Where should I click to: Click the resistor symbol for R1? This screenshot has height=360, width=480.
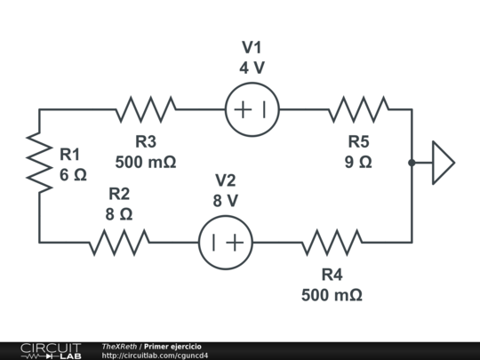pyautogui.click(x=39, y=162)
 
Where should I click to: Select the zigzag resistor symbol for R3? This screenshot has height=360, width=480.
pyautogui.click(x=146, y=110)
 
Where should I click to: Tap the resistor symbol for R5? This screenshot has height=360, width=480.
pyautogui.click(x=358, y=110)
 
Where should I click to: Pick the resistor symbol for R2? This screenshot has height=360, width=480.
pyautogui.click(x=119, y=242)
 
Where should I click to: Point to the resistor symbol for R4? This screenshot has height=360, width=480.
pyautogui.click(x=332, y=242)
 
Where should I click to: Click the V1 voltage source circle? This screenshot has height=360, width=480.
pyautogui.click(x=252, y=110)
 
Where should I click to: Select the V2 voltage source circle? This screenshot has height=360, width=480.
pyautogui.click(x=225, y=242)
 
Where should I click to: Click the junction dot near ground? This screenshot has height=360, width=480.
pyautogui.click(x=412, y=163)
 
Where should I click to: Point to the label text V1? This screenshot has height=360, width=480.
pyautogui.click(x=252, y=47)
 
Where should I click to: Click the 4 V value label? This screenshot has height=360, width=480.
pyautogui.click(x=252, y=68)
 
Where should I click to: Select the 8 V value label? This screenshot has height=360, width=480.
pyautogui.click(x=225, y=201)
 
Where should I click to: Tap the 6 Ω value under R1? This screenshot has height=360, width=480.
pyautogui.click(x=73, y=175)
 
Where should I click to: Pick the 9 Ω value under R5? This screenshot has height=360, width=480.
pyautogui.click(x=358, y=162)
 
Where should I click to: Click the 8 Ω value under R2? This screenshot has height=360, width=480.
pyautogui.click(x=119, y=214)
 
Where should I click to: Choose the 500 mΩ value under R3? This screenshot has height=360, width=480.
pyautogui.click(x=146, y=162)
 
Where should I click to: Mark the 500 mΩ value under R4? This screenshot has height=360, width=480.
pyautogui.click(x=332, y=294)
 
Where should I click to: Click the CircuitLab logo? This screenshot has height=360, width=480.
pyautogui.click(x=50, y=350)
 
